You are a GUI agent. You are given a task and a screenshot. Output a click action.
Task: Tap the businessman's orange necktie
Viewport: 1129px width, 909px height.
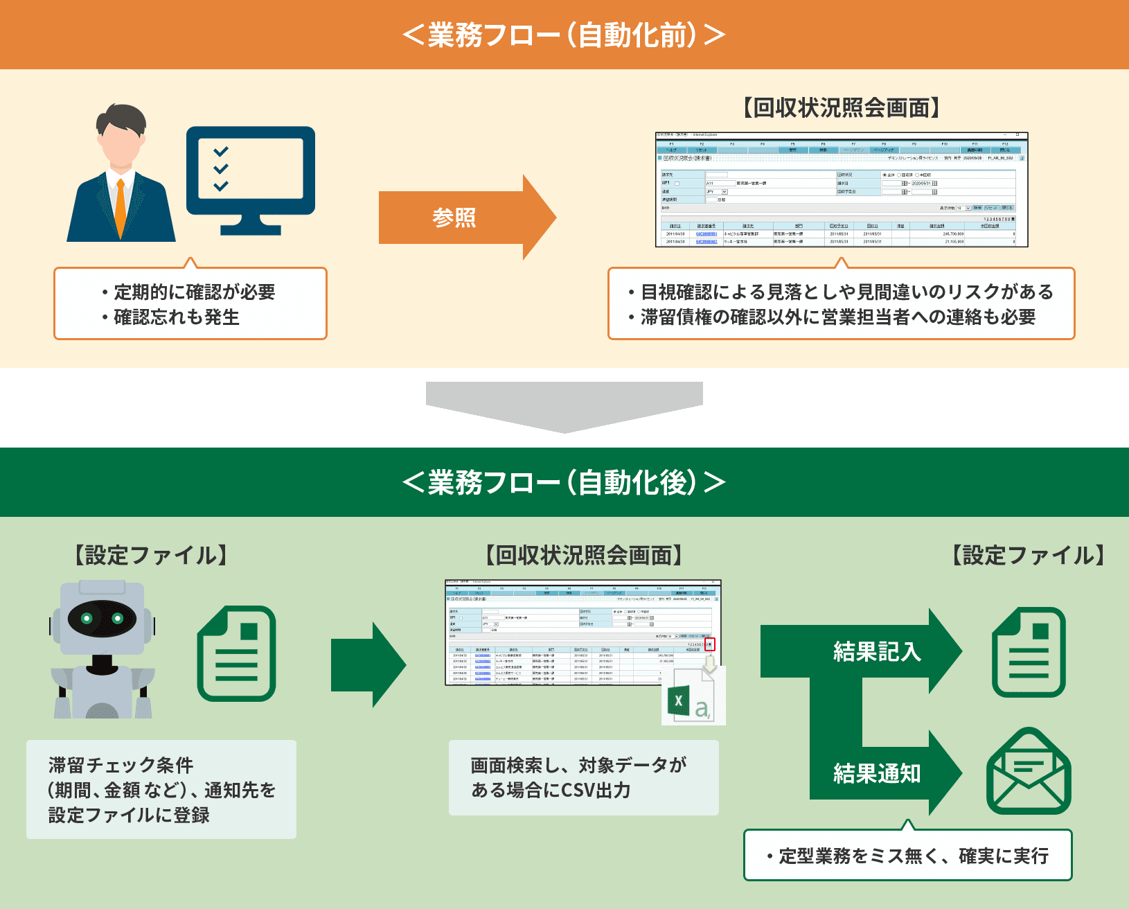[121, 208]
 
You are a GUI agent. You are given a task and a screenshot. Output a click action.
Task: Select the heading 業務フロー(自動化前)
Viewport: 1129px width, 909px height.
[564, 35]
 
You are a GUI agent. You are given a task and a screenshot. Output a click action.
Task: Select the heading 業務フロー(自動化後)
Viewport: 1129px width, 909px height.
[564, 482]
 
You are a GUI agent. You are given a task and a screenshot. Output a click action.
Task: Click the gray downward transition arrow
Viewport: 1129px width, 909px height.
[564, 406]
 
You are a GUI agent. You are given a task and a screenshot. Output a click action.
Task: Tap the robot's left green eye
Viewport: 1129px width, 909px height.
[88, 618]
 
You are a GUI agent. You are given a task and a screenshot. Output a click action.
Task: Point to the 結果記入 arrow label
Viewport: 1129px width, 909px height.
[877, 651]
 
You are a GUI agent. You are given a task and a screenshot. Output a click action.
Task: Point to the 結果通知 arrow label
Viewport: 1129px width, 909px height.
[877, 773]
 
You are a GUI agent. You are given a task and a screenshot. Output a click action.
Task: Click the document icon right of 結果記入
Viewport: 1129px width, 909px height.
[1029, 652]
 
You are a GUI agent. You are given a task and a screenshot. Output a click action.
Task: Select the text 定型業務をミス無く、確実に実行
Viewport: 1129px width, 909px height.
[914, 856]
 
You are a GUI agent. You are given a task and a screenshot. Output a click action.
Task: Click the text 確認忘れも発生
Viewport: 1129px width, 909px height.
[177, 317]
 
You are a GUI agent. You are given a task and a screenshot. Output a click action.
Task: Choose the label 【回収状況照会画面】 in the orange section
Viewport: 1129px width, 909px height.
[841, 108]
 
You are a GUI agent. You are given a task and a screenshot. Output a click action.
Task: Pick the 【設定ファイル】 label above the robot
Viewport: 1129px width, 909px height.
[151, 555]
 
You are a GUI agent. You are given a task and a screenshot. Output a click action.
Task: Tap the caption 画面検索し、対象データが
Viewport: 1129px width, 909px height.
[578, 765]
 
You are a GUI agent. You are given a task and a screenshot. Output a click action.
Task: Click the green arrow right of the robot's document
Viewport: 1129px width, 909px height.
[368, 664]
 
